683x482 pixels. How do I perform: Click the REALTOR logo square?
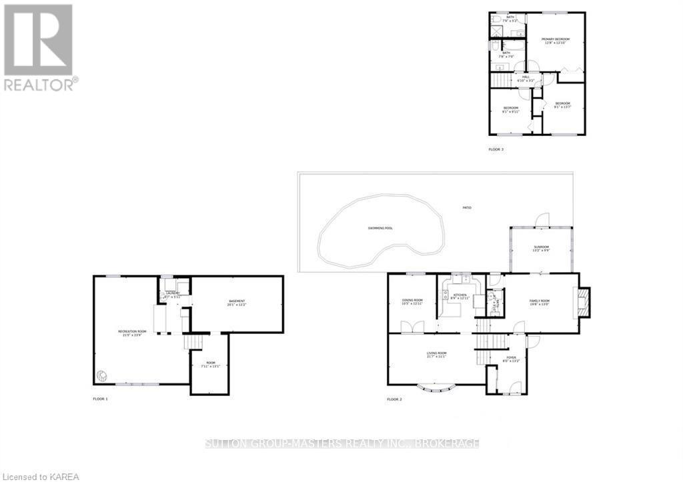click(38, 40)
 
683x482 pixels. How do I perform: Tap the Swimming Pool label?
click(380, 228)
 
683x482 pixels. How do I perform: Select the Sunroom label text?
click(541, 248)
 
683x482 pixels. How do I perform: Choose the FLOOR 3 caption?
click(496, 149)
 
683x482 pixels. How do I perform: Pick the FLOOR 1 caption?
click(100, 399)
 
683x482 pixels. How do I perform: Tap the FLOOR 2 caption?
click(394, 399)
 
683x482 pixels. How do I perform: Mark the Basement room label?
click(237, 303)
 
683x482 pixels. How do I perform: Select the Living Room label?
click(437, 354)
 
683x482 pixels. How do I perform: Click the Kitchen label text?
click(460, 295)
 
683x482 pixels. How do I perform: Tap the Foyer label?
click(512, 359)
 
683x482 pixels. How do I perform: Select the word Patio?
click(467, 209)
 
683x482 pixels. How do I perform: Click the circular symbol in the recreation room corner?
click(102, 375)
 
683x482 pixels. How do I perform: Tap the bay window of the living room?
click(437, 387)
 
